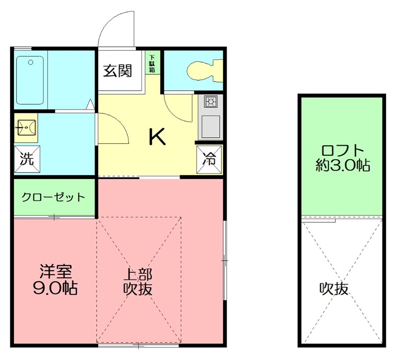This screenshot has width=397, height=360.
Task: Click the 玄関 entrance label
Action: [117, 71]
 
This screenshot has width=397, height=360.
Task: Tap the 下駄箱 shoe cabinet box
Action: [152, 63]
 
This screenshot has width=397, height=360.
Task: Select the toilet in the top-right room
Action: [203, 70]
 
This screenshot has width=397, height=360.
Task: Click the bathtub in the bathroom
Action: [31, 79]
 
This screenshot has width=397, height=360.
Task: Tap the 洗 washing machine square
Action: [27, 160]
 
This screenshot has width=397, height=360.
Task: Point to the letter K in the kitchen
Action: [157, 137]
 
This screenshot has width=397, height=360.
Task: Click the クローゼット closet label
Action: [54, 197]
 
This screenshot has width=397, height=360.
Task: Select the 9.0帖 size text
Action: [55, 289]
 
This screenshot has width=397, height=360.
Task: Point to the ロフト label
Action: [342, 150]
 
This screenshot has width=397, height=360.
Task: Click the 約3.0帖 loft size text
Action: [342, 166]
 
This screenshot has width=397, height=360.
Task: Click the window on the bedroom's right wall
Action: [225, 260]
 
